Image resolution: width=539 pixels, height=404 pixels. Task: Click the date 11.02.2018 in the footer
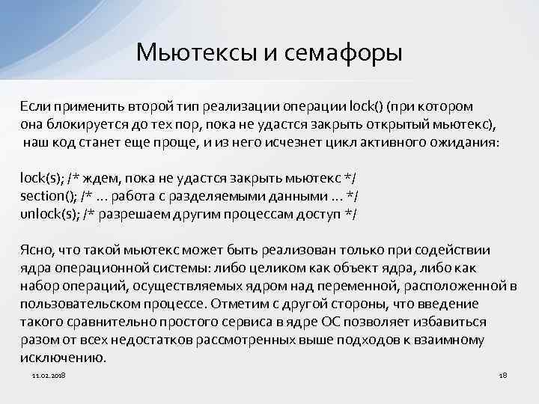49,374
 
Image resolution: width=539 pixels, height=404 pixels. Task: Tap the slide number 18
503,374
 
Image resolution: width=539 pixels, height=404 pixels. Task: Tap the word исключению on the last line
63,358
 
